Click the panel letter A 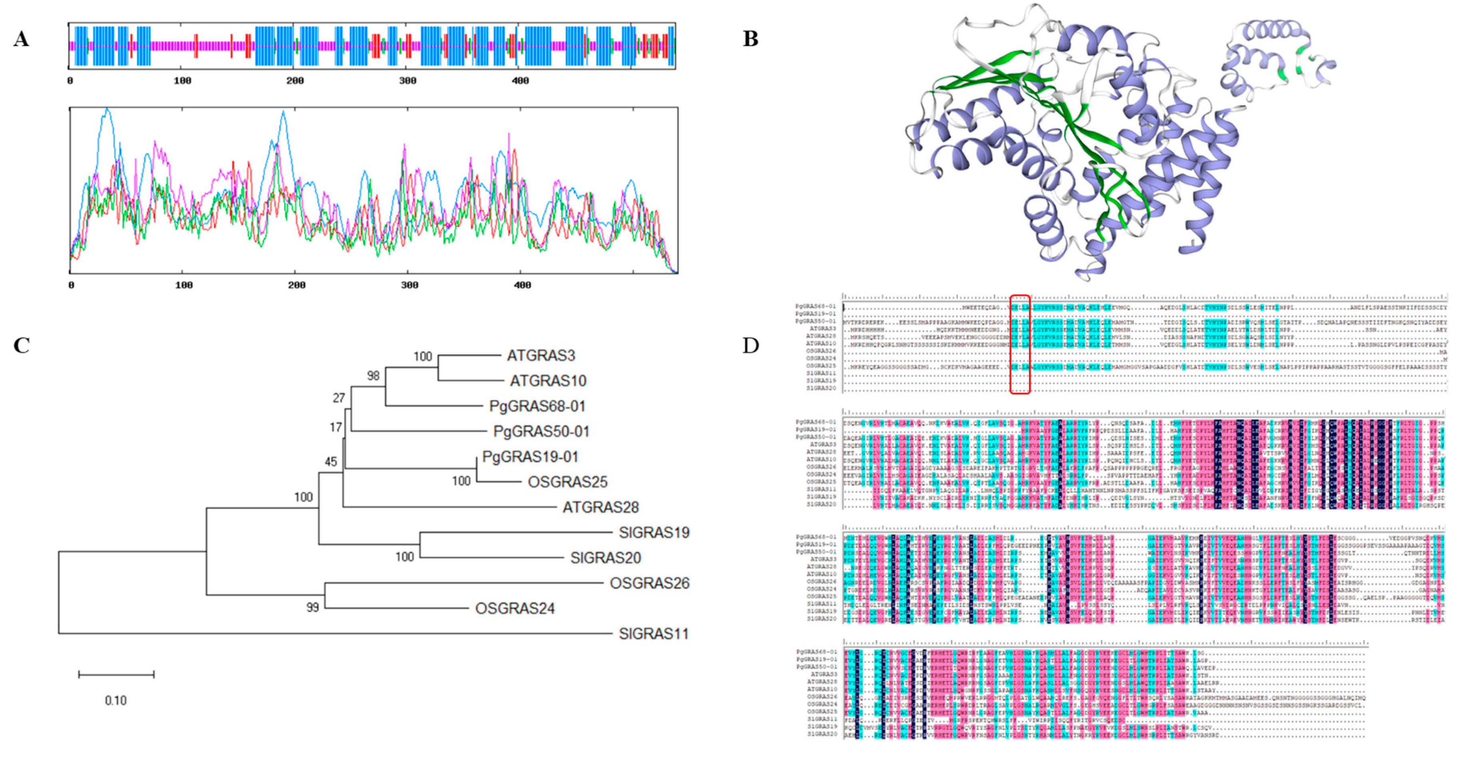pyautogui.click(x=22, y=39)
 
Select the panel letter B pyautogui.click(x=751, y=39)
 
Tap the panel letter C pyautogui.click(x=22, y=345)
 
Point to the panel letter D pyautogui.click(x=751, y=345)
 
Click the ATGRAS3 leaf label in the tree pyautogui.click(x=541, y=355)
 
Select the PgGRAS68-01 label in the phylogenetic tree pyautogui.click(x=537, y=406)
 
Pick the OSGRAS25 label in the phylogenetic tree pyautogui.click(x=567, y=482)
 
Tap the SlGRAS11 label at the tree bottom pyautogui.click(x=653, y=634)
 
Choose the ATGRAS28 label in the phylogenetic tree pyautogui.click(x=600, y=507)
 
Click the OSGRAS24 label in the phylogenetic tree pyautogui.click(x=515, y=608)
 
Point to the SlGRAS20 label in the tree pyautogui.click(x=605, y=558)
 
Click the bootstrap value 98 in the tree pyautogui.click(x=373, y=376)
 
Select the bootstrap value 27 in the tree pyautogui.click(x=338, y=398)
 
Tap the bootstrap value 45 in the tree pyautogui.click(x=331, y=462)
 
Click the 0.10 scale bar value pyautogui.click(x=116, y=700)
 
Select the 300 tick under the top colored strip pyautogui.click(x=407, y=81)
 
